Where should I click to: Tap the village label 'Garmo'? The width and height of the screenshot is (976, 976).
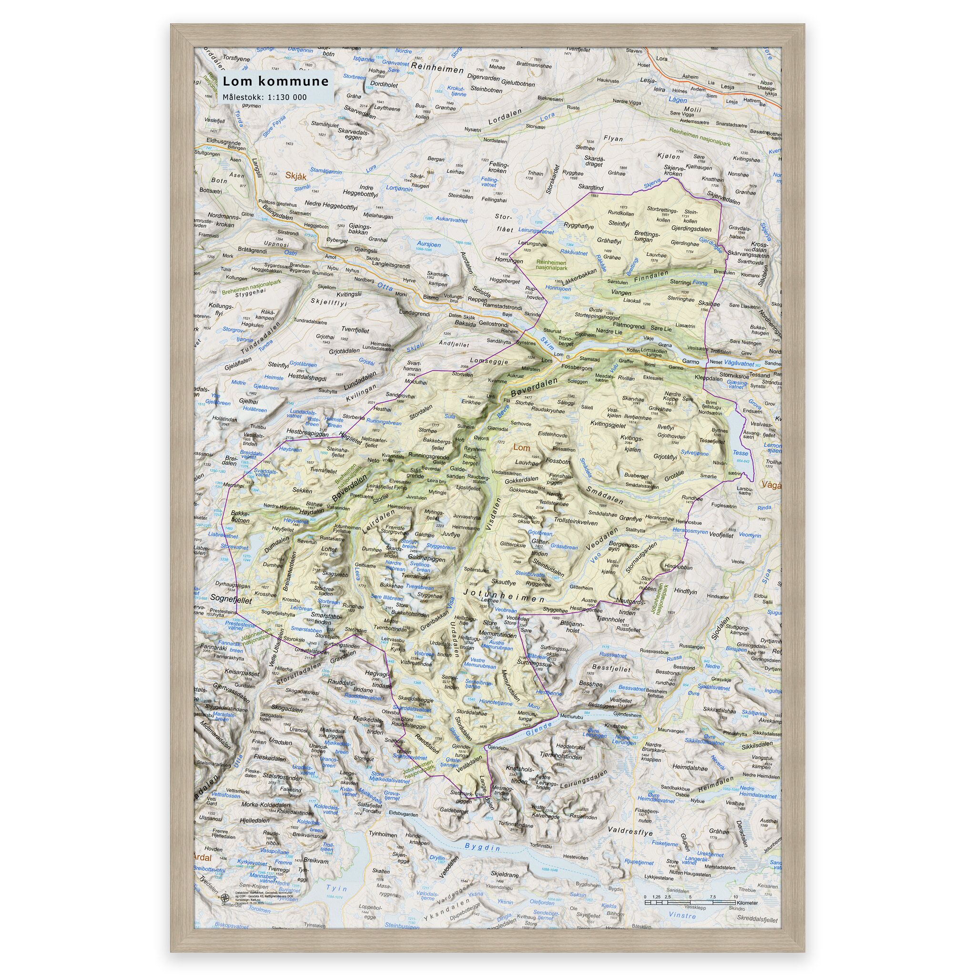pos(690,362)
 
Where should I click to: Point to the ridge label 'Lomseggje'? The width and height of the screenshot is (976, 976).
pos(488,362)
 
